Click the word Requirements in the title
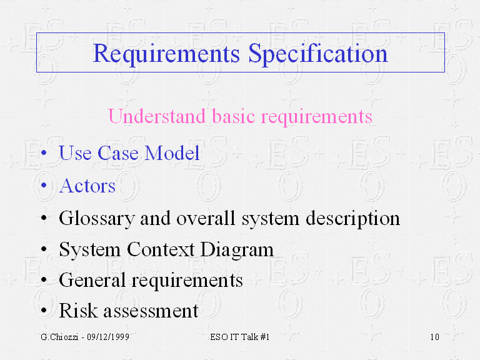tap(166, 54)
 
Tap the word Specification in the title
tap(318, 54)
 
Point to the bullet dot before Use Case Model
tap(44, 152)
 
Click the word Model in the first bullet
tap(172, 152)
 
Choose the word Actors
tap(87, 186)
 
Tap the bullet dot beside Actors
tap(44, 185)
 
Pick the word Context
tap(161, 249)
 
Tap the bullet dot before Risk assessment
tap(44, 310)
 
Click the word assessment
tap(151, 311)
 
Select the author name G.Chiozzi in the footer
tap(59, 337)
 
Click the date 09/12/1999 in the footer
tap(108, 337)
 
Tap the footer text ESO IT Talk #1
tap(240, 337)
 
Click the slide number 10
tap(435, 337)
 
